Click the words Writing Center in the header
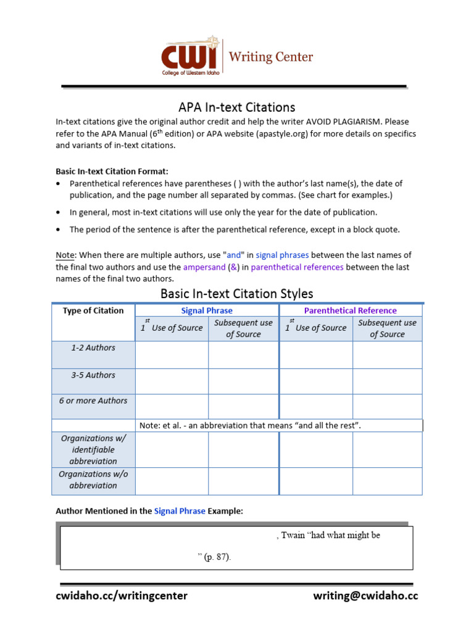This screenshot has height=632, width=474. click(271, 57)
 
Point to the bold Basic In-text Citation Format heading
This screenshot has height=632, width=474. click(112, 171)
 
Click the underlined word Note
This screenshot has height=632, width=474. click(65, 255)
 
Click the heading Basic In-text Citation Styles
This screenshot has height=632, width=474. click(236, 294)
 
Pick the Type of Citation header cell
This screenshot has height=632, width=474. click(93, 310)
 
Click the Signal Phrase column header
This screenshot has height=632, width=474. click(207, 310)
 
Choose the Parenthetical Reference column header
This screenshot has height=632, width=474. click(350, 310)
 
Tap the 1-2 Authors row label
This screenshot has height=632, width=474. click(93, 347)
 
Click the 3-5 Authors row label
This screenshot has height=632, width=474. click(93, 375)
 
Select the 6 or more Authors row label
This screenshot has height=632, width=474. click(93, 401)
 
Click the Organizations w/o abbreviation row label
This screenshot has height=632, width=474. click(93, 480)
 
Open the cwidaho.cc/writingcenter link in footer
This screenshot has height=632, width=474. click(122, 596)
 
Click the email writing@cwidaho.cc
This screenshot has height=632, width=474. click(365, 596)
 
